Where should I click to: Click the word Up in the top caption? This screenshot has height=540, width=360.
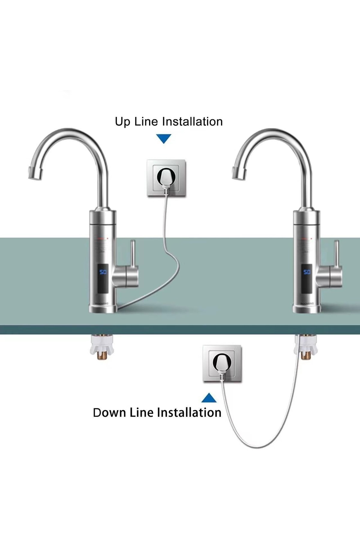coord(122,122)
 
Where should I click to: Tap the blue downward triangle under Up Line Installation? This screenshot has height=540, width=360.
coord(163,139)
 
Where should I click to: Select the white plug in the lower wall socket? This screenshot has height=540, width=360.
coord(222,364)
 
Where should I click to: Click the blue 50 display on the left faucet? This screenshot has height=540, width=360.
coord(103,272)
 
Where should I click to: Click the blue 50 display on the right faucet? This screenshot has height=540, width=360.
coord(307,272)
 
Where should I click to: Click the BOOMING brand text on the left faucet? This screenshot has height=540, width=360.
coord(102,303)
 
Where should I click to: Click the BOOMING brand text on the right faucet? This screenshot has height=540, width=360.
coord(307,303)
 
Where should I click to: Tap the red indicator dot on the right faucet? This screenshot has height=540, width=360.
coord(312,239)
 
